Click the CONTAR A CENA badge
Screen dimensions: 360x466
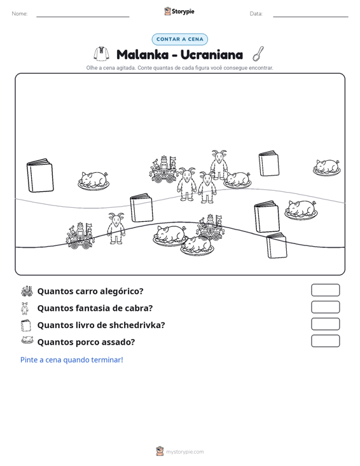pos(179,39)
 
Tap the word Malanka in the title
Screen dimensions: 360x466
pos(142,55)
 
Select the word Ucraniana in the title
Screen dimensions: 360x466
pos(211,55)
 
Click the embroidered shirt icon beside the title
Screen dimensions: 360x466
pos(101,54)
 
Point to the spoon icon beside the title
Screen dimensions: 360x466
pos(258,53)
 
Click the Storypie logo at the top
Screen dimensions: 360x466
pos(179,11)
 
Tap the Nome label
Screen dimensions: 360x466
pos(20,14)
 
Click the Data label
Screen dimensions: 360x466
pos(256,14)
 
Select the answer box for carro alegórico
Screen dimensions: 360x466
pos(325,290)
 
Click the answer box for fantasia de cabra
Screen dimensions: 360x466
pos(325,307)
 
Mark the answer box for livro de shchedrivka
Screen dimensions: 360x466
pos(325,324)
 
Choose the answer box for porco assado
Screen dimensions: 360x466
pos(325,341)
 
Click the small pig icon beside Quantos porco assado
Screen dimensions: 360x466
pos(27,340)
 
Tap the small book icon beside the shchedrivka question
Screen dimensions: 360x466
pos(26,325)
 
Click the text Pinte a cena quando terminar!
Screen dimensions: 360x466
pos(72,360)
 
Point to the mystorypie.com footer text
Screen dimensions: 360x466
pos(185,452)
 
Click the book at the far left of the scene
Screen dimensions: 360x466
pos(40,175)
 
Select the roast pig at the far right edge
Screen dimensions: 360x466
pos(327,167)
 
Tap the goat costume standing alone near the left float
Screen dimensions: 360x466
pos(116,228)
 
